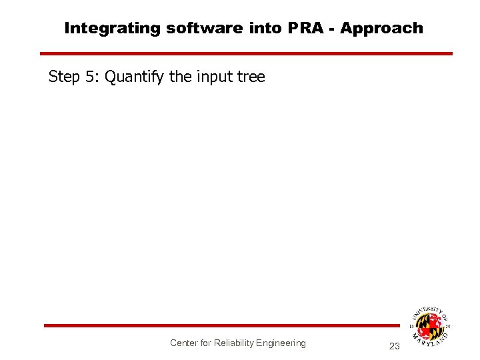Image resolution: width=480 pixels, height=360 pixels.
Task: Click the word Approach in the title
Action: click(x=381, y=28)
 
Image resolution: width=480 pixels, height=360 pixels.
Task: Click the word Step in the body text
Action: click(x=64, y=77)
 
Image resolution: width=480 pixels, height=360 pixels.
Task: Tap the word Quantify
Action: click(x=135, y=77)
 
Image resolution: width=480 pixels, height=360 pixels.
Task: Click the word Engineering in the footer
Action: click(x=281, y=343)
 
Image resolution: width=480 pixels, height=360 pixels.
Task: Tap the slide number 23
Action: click(x=394, y=346)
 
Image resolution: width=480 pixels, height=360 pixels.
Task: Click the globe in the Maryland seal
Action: click(x=429, y=326)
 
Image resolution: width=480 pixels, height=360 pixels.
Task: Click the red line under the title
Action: click(x=246, y=53)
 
